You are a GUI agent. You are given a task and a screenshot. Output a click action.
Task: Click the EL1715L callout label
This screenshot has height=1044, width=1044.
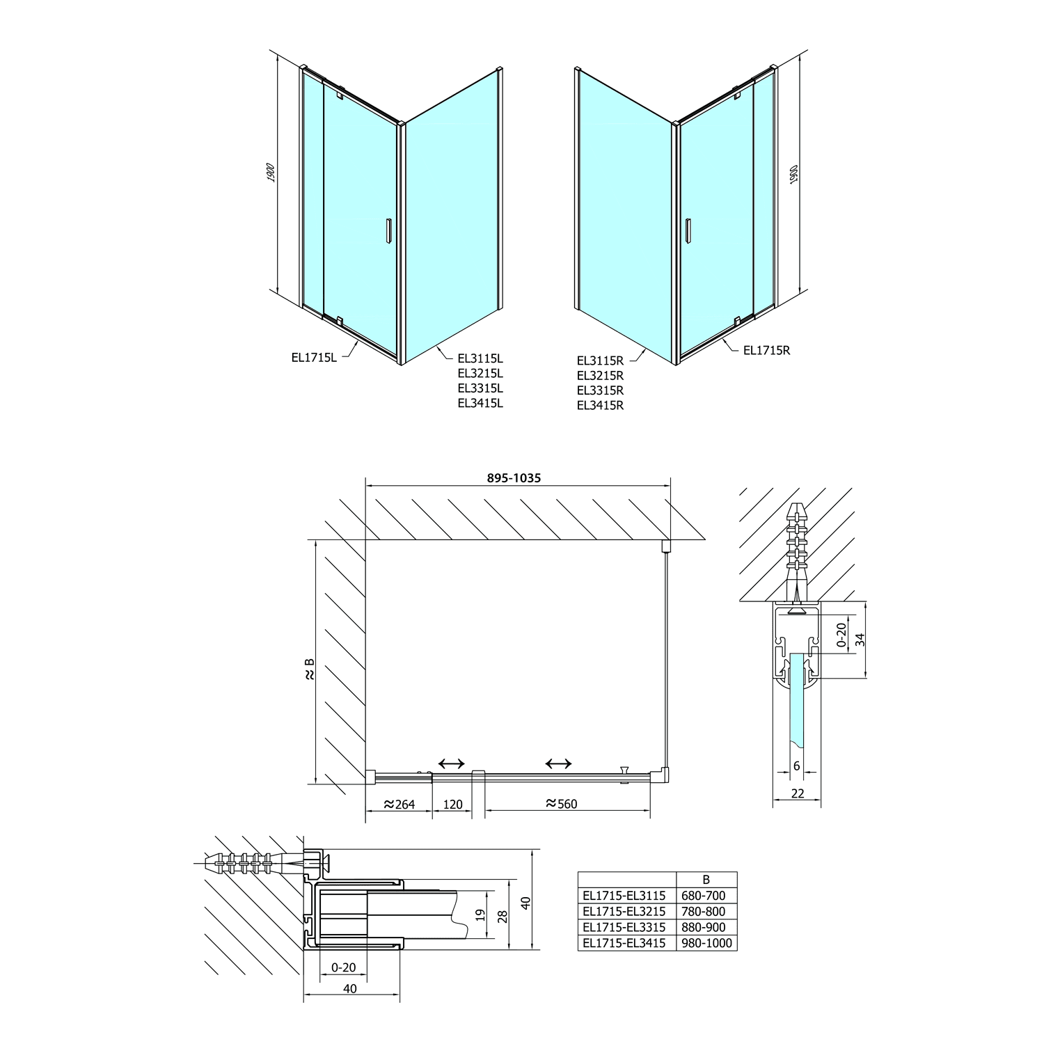[x=314, y=358]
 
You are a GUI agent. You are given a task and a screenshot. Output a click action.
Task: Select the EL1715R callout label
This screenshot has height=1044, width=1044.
[x=767, y=350]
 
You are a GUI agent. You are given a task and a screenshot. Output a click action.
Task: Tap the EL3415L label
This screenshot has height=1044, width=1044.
[x=480, y=403]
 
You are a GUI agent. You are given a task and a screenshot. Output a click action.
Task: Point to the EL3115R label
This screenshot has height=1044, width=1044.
[x=600, y=361]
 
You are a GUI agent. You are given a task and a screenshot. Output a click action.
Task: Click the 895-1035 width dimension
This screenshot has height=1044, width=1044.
[x=513, y=478]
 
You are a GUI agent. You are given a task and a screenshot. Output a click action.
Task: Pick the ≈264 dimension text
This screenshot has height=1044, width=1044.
[x=398, y=805]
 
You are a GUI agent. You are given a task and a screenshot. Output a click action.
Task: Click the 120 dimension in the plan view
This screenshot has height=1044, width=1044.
[x=452, y=805]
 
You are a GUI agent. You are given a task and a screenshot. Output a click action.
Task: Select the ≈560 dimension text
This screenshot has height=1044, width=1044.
[x=561, y=804]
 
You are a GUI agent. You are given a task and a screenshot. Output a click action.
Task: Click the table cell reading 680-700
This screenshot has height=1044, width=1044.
[x=706, y=896]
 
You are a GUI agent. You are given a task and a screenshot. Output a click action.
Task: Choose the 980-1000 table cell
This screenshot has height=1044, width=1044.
[x=706, y=943]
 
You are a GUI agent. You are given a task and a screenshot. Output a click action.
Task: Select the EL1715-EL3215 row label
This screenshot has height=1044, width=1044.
[x=624, y=911]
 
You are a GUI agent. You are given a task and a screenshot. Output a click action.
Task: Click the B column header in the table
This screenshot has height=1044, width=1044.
[x=706, y=880]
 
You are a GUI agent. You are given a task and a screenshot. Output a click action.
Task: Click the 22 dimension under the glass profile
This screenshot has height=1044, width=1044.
[x=798, y=793]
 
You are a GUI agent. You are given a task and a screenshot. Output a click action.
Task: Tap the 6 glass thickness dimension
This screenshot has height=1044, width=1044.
[x=797, y=766]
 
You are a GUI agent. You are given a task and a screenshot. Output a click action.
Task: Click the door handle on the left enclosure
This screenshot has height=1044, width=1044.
[x=388, y=231]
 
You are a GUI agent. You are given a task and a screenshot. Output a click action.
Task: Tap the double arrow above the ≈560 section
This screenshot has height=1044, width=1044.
[x=559, y=764]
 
